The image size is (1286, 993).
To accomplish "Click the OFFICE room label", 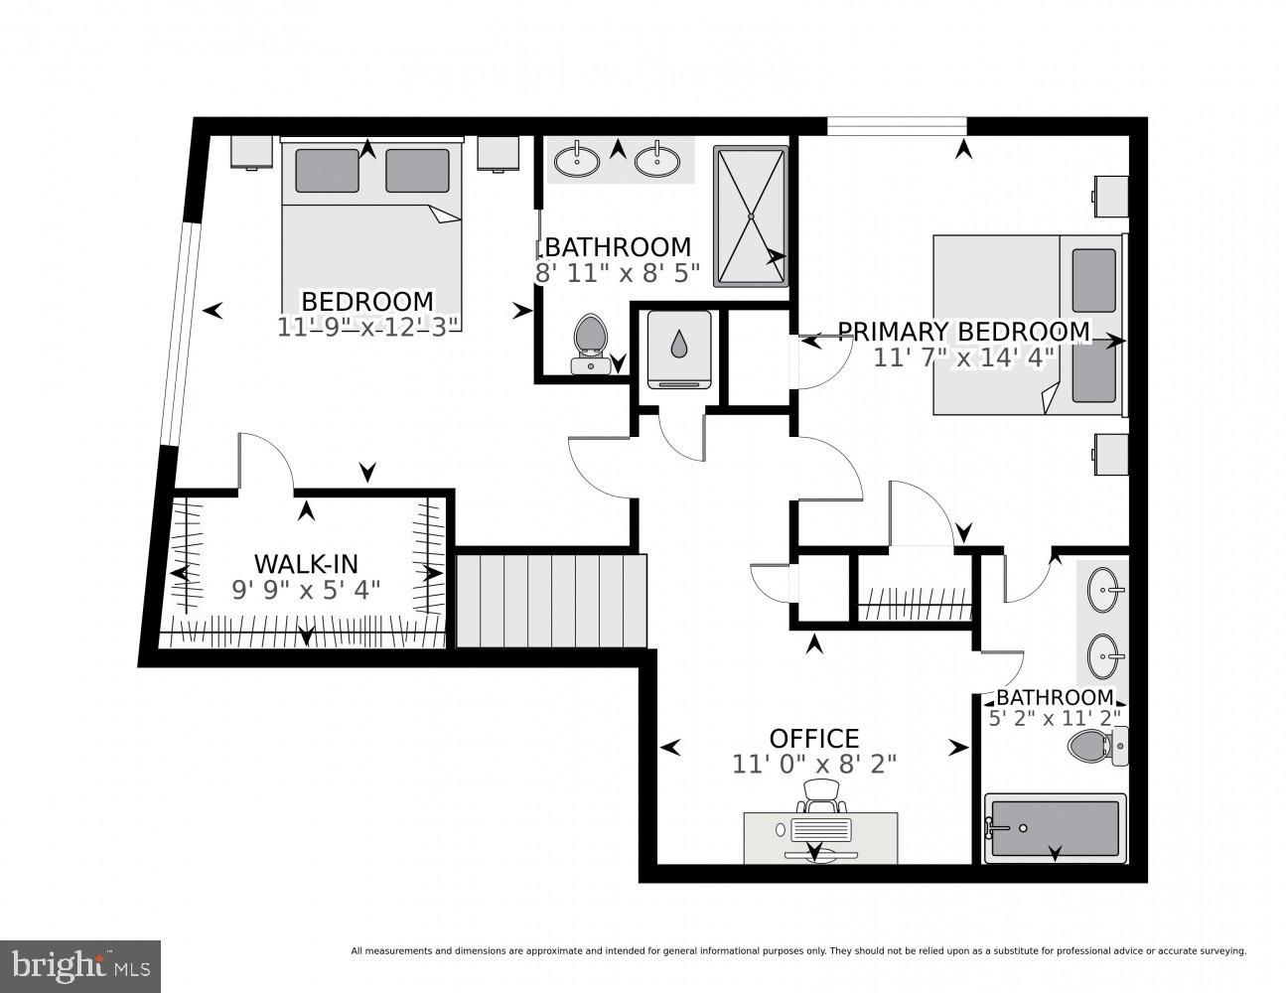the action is tap(813, 739).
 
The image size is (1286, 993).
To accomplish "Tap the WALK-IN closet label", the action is tap(306, 564).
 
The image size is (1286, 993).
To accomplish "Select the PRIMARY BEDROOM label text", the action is tap(963, 332).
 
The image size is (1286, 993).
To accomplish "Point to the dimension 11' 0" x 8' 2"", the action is tap(814, 765).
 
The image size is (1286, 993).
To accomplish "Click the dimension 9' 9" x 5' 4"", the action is tap(306, 590).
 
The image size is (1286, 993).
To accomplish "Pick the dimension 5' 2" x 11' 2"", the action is tap(1055, 718).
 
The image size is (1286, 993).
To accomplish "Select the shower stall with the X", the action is tap(751, 216).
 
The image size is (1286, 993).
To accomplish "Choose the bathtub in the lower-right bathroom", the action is tap(1055, 828).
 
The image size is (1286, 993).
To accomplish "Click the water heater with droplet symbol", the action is tap(679, 350).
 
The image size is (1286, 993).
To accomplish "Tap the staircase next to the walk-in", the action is tap(551, 601).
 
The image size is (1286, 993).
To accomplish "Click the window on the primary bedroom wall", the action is tap(897, 126).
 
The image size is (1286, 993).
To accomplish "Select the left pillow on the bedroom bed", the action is tap(327, 171).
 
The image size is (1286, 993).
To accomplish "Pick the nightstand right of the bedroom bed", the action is tap(499, 153).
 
